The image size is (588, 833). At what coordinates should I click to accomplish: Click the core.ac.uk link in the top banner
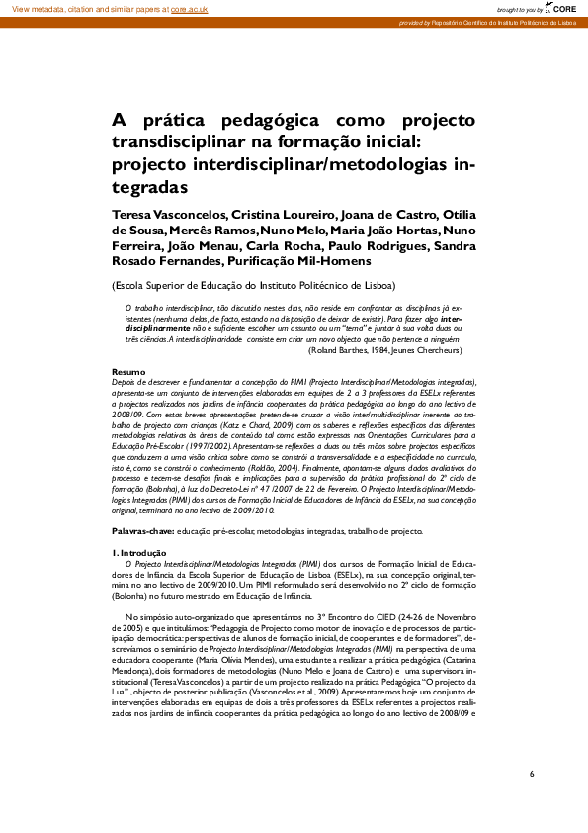[x=188, y=8]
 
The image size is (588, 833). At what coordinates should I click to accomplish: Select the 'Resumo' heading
[x=127, y=371]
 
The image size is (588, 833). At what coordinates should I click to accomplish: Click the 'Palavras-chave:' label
[x=142, y=531]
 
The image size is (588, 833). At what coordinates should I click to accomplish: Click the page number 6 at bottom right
[x=532, y=773]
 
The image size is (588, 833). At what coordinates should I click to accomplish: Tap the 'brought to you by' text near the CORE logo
[x=519, y=8]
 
